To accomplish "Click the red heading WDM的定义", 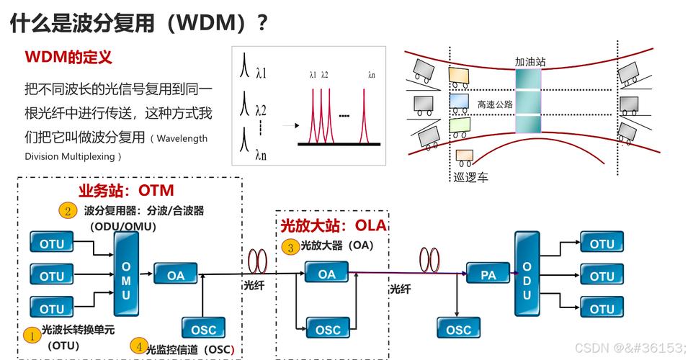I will coord(68,57).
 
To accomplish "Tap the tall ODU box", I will coord(527,274).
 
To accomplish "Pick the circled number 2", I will coord(68,211).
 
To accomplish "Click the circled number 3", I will coord(290,247).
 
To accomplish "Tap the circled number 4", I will coord(137,346).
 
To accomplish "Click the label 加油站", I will coord(530,62).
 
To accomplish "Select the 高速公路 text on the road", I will coord(495,104).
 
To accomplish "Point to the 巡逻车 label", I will coord(470,176).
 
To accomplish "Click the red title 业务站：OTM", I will coord(126,191).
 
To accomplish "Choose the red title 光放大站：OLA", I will coord(333,226).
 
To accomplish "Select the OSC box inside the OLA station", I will coord(327,329).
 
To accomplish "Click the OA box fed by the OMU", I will coord(176,275).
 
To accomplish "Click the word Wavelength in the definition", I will coord(182,138).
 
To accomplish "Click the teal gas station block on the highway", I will coord(527,102).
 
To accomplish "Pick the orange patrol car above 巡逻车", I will coord(465,156).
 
